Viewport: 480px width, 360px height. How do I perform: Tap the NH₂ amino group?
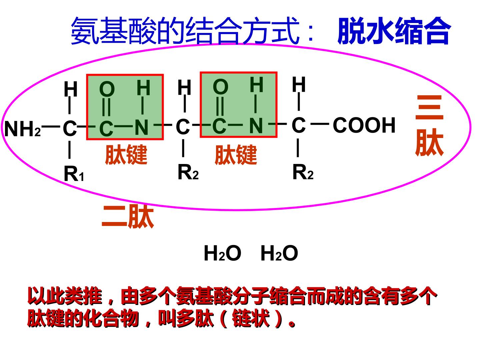point(23,129)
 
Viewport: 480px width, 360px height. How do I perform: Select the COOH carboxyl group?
point(364,125)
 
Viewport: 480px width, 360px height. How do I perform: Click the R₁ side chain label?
point(74,174)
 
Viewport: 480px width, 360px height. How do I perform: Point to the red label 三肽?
point(429,126)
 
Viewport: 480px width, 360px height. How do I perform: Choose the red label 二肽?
point(128,216)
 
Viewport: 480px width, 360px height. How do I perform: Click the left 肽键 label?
point(126,155)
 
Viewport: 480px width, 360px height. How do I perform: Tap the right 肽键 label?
point(236,155)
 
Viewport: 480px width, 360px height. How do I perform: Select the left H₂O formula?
point(222,253)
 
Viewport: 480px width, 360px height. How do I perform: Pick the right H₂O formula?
point(279,253)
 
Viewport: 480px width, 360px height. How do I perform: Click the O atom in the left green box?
point(107,89)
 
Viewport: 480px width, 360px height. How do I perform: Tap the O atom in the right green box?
point(221,87)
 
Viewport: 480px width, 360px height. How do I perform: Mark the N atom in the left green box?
point(141,127)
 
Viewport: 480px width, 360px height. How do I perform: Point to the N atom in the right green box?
point(256,125)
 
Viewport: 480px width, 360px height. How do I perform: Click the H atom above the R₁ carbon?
point(71,89)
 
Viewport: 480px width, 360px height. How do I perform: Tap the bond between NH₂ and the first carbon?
point(51,126)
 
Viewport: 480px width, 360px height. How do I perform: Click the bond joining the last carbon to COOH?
point(320,124)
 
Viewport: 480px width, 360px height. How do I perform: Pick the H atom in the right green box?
point(257,84)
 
